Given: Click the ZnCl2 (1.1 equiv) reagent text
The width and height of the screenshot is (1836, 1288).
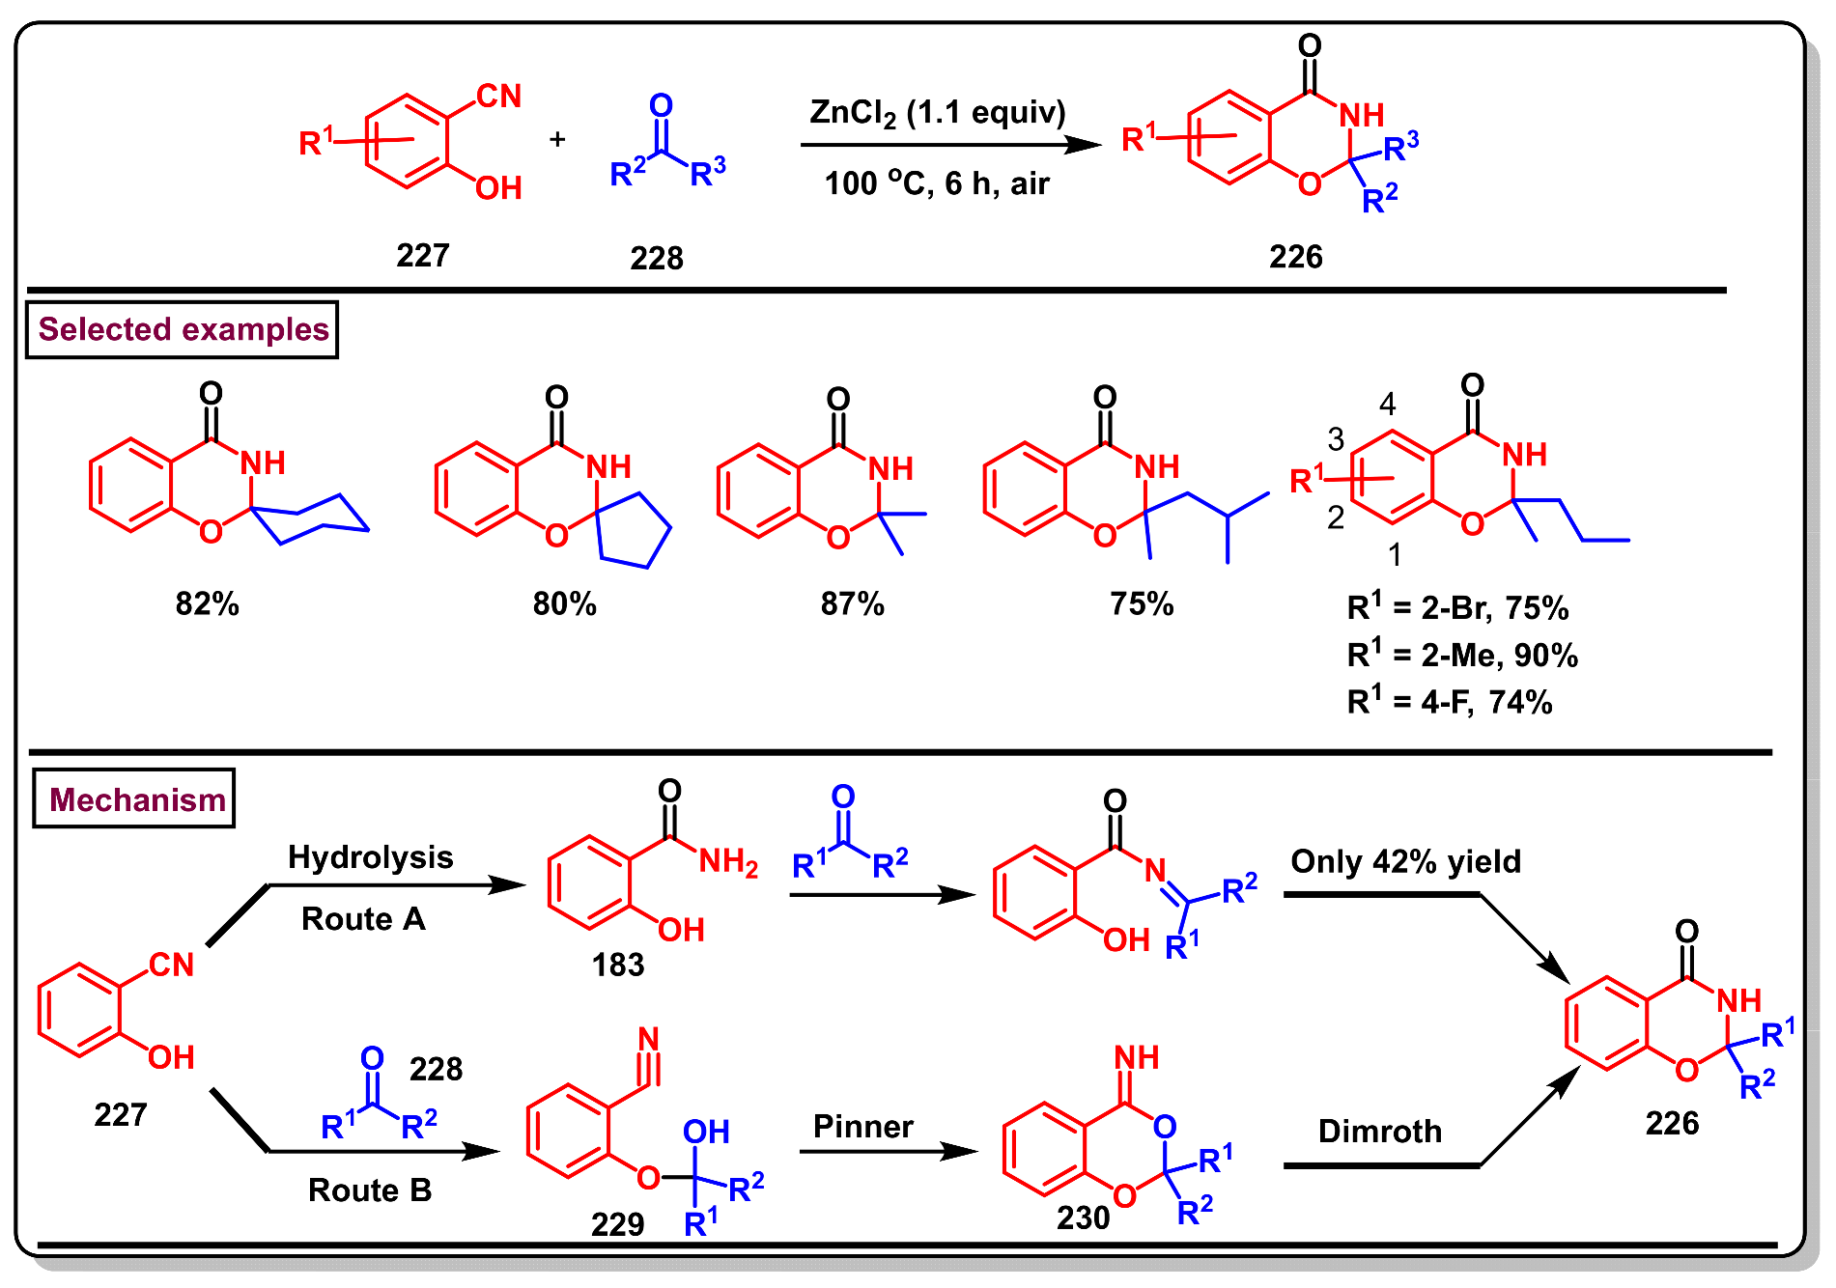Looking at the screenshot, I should (x=937, y=114).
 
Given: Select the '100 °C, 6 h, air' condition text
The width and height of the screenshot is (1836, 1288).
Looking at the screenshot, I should (x=936, y=183).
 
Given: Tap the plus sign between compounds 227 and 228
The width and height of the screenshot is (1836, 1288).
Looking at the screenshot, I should (x=557, y=140).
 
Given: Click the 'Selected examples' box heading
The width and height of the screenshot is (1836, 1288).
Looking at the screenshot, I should (x=183, y=330).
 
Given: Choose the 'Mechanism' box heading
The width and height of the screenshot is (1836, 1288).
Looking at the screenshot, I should (x=135, y=799).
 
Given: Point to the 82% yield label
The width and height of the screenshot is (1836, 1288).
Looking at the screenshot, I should (x=207, y=604).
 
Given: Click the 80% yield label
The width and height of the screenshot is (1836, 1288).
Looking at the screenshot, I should (x=564, y=604).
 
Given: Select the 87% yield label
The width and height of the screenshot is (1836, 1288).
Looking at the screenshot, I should (x=852, y=604).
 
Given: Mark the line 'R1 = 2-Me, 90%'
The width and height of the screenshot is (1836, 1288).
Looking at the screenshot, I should (x=1461, y=656).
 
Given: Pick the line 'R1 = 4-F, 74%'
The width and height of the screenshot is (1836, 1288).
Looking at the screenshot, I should (x=1449, y=702).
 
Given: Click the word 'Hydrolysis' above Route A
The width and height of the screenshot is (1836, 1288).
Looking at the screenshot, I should (x=370, y=857).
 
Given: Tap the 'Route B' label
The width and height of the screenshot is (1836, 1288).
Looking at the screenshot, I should (x=370, y=1190).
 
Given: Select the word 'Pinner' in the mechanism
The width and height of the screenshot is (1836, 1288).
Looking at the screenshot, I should (x=862, y=1127).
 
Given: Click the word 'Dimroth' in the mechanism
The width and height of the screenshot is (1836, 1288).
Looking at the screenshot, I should (x=1379, y=1132).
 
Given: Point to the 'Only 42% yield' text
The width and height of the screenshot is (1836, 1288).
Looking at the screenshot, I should (x=1405, y=861).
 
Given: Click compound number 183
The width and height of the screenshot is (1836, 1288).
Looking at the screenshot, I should (x=617, y=965).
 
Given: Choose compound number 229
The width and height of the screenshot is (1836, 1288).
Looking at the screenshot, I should (x=617, y=1224).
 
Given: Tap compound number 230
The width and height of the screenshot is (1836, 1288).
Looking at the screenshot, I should (x=1083, y=1218).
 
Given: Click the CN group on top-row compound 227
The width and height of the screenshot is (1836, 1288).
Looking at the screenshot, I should (x=498, y=97).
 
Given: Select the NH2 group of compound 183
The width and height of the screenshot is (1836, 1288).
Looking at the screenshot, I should (x=727, y=861).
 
